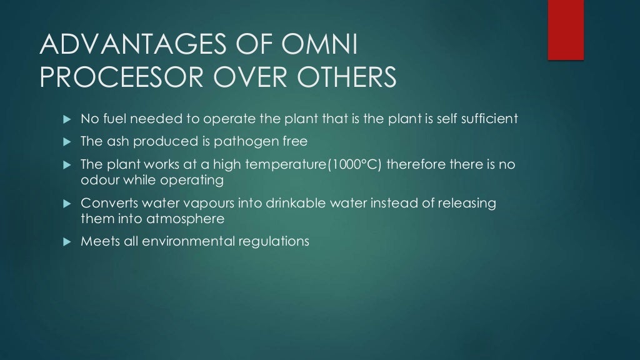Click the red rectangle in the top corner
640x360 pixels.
(x=566, y=29)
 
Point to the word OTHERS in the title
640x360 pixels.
(x=343, y=78)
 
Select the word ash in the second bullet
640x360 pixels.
(x=116, y=142)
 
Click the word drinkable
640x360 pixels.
(x=315, y=204)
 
